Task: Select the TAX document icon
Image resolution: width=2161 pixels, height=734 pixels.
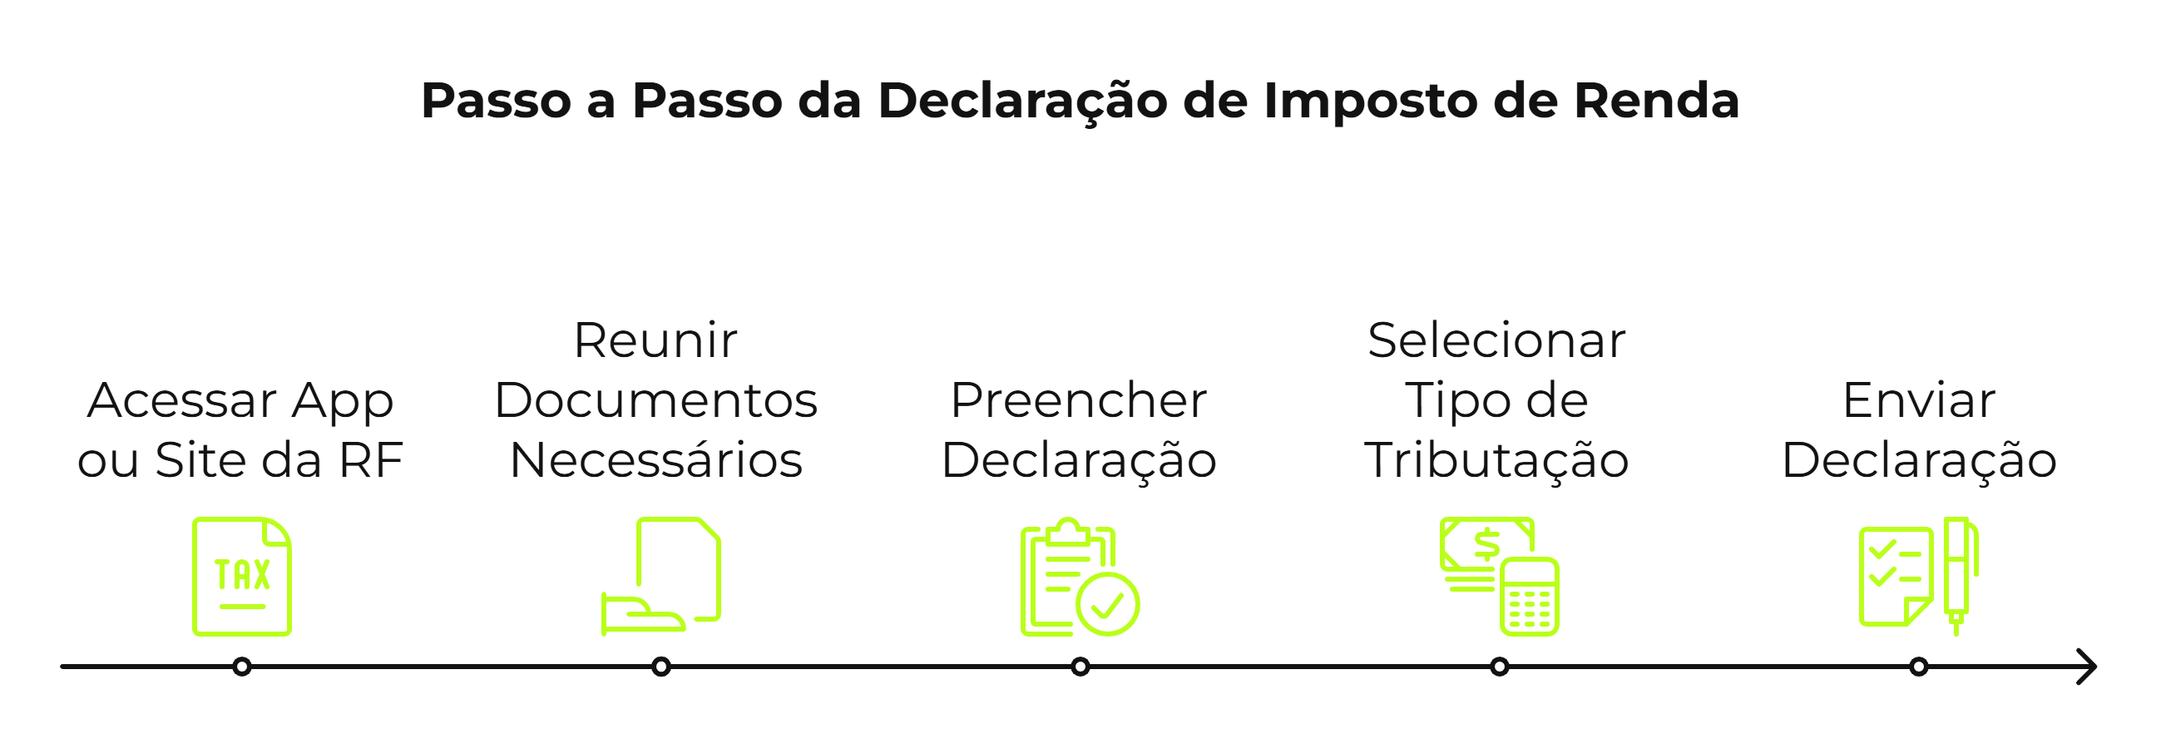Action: [x=241, y=576]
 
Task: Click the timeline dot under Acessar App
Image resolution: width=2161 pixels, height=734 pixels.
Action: [x=241, y=667]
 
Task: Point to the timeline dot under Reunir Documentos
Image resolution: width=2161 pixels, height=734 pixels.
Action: [x=661, y=667]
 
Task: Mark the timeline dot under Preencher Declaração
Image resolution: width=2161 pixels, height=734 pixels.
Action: [x=1080, y=667]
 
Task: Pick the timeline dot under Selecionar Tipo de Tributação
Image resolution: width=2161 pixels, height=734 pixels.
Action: [x=1499, y=667]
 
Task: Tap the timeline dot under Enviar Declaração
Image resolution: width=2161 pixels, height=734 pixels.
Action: [x=1919, y=667]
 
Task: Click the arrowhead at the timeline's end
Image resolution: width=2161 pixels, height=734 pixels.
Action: [x=2089, y=667]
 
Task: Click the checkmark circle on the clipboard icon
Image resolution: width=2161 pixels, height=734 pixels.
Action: [x=1107, y=604]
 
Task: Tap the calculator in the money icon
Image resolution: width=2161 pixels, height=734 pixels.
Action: [x=1530, y=598]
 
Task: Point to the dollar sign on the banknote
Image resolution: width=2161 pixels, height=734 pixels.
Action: [x=1486, y=544]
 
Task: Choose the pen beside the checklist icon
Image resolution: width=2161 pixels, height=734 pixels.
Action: [x=1958, y=574]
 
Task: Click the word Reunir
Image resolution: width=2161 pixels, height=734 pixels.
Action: [x=655, y=340]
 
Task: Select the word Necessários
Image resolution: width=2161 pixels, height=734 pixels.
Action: [x=656, y=460]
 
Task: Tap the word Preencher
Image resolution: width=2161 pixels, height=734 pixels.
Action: [x=1079, y=400]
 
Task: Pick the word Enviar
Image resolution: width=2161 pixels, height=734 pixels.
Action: [x=1919, y=400]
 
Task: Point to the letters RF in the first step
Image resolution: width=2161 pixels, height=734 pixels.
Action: [x=370, y=460]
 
